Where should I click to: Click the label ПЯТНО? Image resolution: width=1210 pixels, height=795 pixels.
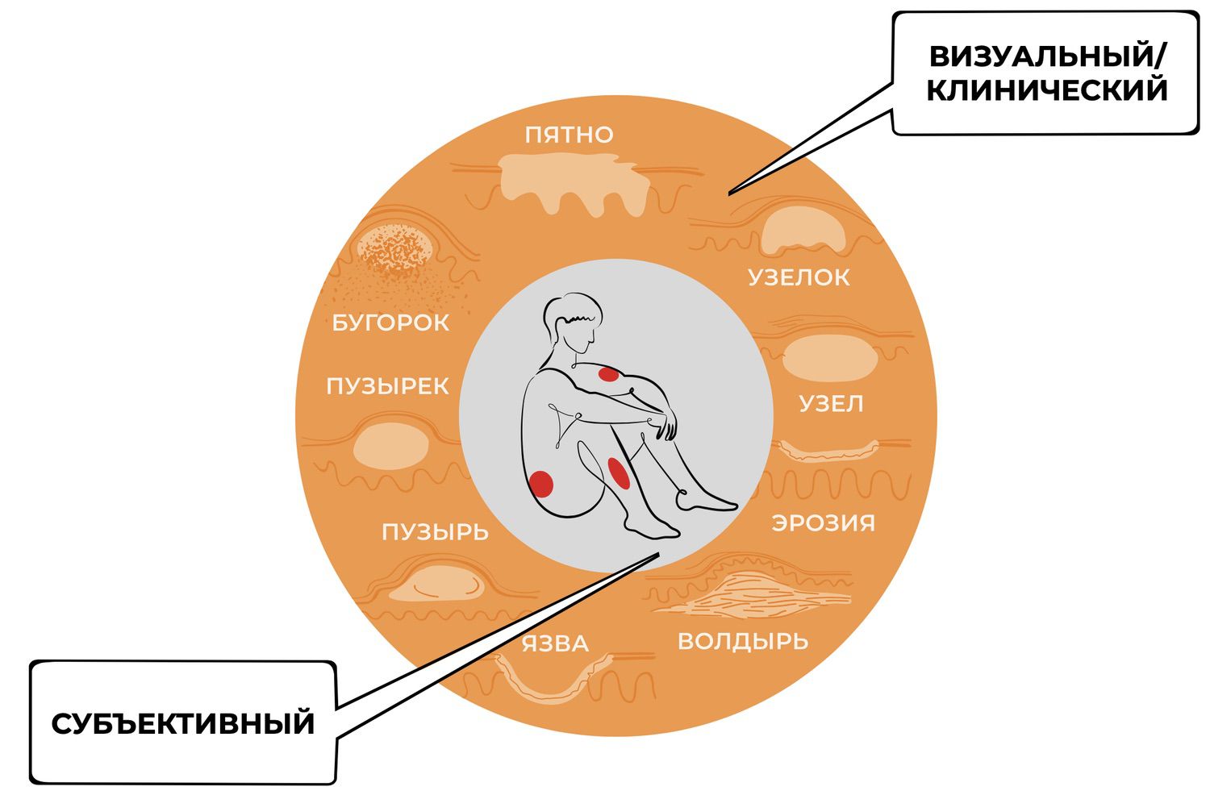pos(569,135)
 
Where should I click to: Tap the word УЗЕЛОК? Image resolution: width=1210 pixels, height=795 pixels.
pos(799,277)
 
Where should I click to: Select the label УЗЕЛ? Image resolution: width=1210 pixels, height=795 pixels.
pos(831,403)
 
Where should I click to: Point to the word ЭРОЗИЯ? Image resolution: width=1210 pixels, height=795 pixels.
pos(823,522)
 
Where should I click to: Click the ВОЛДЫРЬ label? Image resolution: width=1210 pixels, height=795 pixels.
pos(742,642)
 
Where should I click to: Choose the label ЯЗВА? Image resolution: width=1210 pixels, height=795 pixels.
pos(555,644)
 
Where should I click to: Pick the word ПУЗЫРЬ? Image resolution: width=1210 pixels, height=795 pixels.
pos(435,532)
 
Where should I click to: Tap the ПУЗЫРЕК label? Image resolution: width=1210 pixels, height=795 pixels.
pos(387,386)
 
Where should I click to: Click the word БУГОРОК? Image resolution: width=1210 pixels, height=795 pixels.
pos(390,323)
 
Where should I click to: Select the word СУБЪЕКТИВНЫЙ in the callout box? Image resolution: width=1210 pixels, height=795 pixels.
pos(183,723)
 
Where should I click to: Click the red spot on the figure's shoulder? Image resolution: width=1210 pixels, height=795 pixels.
pos(607,374)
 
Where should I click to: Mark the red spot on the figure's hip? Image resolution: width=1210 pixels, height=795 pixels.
pos(540,482)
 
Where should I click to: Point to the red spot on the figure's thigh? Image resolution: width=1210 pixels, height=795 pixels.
pos(618,472)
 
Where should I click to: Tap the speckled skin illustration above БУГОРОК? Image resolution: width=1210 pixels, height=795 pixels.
pos(394,249)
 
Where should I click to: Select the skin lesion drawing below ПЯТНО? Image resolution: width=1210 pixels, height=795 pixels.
pos(574,184)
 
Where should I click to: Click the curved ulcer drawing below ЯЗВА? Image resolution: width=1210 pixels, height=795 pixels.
pos(553,679)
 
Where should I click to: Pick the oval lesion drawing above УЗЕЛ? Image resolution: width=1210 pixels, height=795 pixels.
pos(828,357)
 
